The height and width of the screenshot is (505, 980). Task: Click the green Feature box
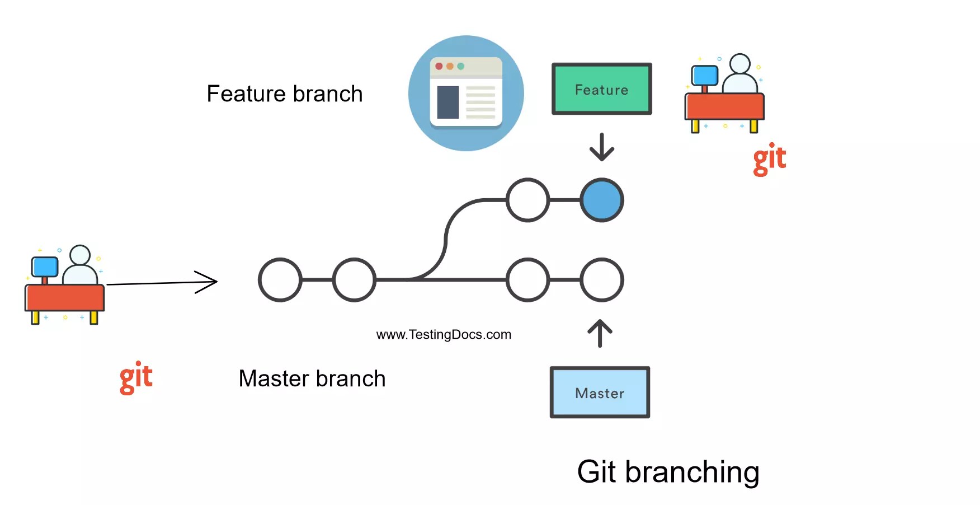click(601, 89)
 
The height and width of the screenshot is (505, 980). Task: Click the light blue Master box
click(600, 392)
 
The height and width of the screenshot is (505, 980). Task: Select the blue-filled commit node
click(602, 200)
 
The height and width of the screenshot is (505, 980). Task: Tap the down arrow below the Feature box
click(602, 147)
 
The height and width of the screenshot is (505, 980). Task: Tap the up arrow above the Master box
click(600, 333)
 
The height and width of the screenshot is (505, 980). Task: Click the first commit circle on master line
click(280, 279)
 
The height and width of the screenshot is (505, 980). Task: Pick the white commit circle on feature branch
click(527, 200)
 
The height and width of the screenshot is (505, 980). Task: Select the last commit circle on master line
click(602, 279)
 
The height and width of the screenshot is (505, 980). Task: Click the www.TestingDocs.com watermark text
click(444, 335)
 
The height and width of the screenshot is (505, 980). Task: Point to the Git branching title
click(668, 472)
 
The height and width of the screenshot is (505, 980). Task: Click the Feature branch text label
click(285, 94)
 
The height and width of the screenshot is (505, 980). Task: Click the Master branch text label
click(312, 379)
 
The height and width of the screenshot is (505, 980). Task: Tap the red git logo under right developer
click(769, 160)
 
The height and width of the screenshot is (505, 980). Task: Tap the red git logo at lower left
click(136, 378)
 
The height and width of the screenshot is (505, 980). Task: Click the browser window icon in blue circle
click(466, 93)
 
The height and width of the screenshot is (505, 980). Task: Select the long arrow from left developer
click(162, 282)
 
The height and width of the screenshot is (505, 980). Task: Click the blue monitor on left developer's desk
click(45, 267)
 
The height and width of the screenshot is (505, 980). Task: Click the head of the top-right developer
click(740, 64)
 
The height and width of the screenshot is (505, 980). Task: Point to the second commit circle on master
click(354, 279)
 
